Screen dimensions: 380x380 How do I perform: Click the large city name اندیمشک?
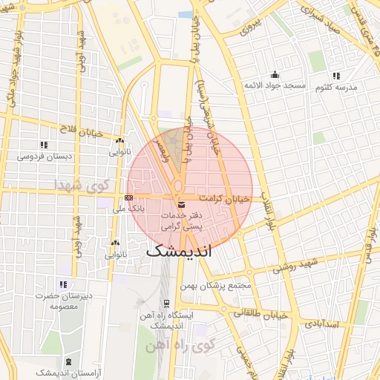(179, 251)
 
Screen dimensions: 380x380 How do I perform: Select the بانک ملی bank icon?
(129, 197)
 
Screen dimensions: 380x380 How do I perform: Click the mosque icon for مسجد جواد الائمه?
(275, 74)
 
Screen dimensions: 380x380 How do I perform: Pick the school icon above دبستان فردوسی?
(45, 145)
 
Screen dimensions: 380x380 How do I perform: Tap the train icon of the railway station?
(166, 303)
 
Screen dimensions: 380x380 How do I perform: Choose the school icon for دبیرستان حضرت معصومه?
(63, 284)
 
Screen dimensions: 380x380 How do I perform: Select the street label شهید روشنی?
(294, 268)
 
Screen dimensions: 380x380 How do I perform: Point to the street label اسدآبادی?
(342, 324)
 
